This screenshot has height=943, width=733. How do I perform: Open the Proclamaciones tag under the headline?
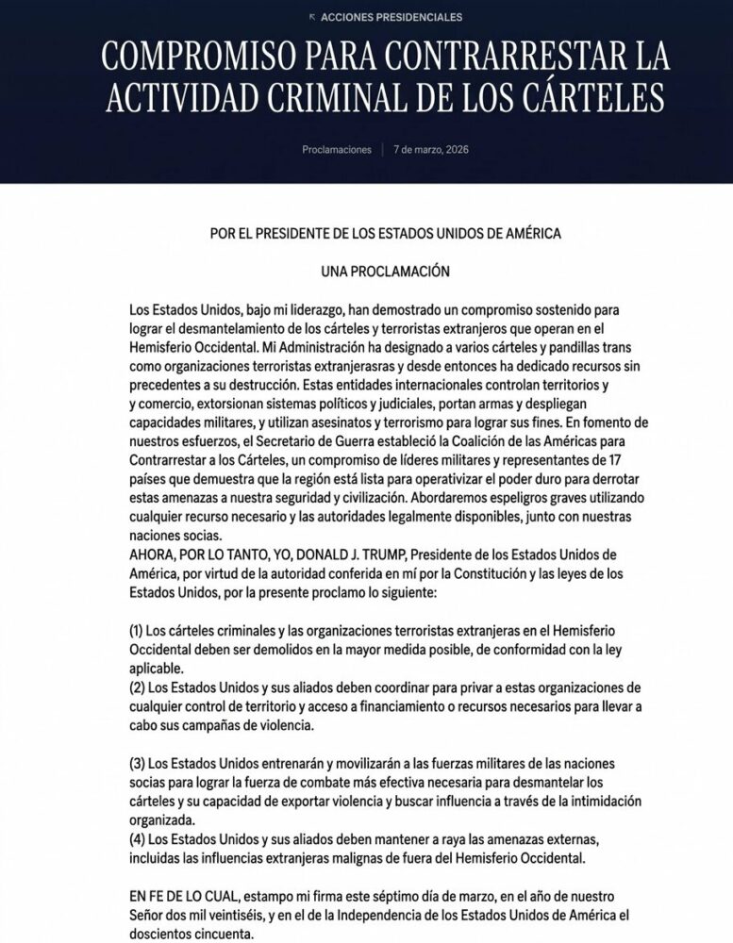coord(337,150)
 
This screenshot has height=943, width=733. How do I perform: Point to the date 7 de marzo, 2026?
coord(430,150)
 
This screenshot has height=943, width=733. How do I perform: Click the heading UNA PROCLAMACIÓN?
coord(385,272)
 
